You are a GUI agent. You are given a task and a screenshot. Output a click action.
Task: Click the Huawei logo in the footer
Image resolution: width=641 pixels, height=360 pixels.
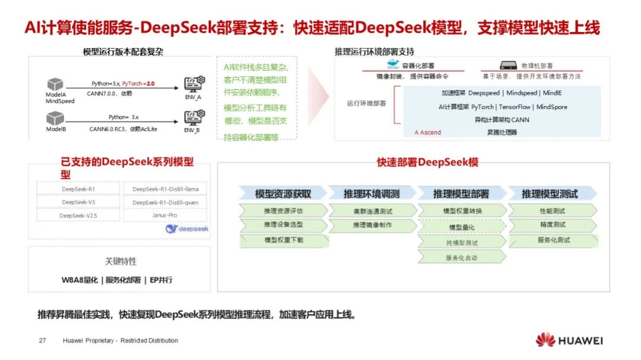point(569,340)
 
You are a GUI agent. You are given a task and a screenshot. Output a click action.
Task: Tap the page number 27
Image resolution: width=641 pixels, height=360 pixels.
point(42,340)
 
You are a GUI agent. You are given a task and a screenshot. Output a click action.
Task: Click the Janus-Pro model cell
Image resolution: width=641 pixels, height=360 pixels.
point(164,215)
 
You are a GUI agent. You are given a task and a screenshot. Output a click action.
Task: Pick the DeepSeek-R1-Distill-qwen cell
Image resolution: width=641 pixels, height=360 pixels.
point(166,202)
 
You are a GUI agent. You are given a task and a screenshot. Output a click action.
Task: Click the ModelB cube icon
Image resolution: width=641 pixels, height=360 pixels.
point(55,119)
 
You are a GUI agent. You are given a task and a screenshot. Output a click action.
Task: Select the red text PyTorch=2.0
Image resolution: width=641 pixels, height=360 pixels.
point(138,84)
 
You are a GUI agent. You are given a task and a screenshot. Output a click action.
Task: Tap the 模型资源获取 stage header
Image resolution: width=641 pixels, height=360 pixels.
point(283,194)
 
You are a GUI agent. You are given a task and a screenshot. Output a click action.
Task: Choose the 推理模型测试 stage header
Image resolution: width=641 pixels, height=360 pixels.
point(549,194)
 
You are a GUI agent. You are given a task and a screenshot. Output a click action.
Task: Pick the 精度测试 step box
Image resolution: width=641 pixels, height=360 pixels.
point(552,225)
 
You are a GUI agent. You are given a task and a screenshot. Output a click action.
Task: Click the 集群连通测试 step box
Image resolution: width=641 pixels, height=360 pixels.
point(372,211)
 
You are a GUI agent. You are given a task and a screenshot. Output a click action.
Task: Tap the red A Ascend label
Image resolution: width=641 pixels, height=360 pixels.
point(428,132)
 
